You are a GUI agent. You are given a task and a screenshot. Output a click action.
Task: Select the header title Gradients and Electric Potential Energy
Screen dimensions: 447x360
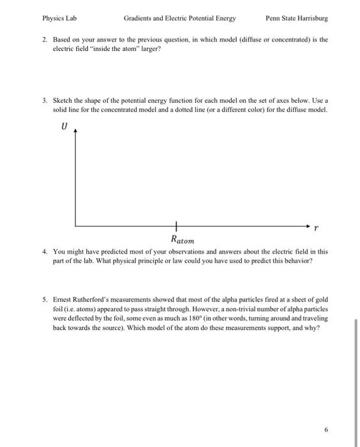pyautogui.click(x=179, y=18)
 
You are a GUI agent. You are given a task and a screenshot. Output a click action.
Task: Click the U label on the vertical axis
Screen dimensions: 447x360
pyautogui.click(x=64, y=128)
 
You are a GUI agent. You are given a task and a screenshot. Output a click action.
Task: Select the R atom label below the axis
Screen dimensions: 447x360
pyautogui.click(x=183, y=240)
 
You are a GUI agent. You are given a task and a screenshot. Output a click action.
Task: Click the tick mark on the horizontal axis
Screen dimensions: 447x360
pyautogui.click(x=176, y=226)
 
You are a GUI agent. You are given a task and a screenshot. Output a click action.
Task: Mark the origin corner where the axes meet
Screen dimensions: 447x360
pyautogui.click(x=76, y=226)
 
